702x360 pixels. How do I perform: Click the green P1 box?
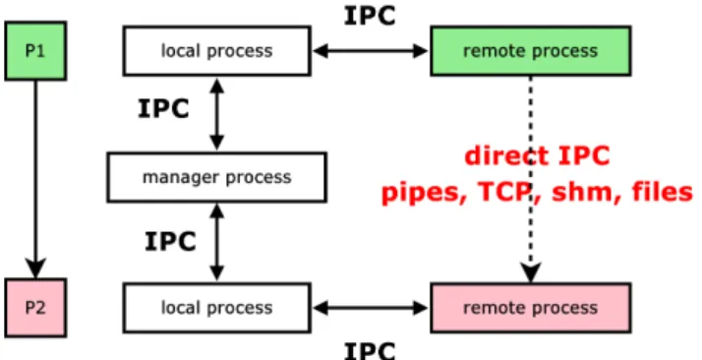point(35,51)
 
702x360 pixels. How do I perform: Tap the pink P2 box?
point(35,308)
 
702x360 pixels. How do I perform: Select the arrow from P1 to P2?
point(35,180)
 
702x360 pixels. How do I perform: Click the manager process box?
point(216,177)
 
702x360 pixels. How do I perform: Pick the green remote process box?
point(531,51)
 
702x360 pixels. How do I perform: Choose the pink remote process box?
point(531,308)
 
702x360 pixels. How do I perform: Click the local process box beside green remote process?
point(216,51)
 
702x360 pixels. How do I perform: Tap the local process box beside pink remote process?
point(216,308)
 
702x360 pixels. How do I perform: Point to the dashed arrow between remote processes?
point(531,180)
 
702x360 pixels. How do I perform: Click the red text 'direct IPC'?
point(537,156)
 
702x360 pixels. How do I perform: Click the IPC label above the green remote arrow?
point(370,16)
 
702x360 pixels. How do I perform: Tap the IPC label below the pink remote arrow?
point(370,350)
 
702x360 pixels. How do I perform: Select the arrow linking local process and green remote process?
point(371,51)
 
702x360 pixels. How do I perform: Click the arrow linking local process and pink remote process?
point(371,308)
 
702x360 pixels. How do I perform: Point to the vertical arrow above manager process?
point(216,114)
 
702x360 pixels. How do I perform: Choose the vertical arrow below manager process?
point(216,242)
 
